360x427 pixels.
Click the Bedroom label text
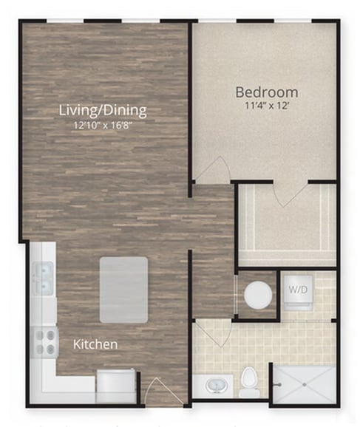click(x=266, y=92)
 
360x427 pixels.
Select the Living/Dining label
click(x=102, y=111)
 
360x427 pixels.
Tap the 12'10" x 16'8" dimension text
click(x=103, y=126)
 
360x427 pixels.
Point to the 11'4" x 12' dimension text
click(x=266, y=106)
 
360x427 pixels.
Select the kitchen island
click(x=123, y=290)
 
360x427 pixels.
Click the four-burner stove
click(x=46, y=341)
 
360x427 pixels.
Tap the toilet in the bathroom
click(x=249, y=379)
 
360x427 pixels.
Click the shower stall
click(x=303, y=384)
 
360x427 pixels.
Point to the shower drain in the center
click(x=304, y=385)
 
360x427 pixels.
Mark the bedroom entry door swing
click(x=209, y=171)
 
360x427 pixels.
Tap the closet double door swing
click(x=286, y=193)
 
